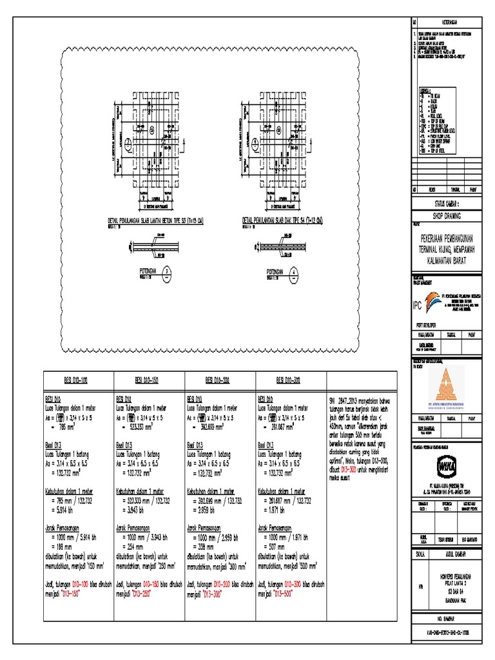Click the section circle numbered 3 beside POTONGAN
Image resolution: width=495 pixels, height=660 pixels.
(167, 271)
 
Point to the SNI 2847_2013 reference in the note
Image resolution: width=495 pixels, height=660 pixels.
(345, 401)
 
